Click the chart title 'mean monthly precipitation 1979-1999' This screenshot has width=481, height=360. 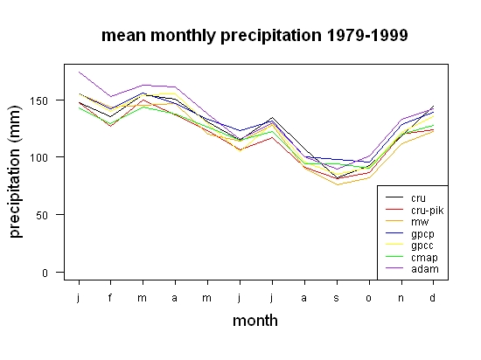(254, 36)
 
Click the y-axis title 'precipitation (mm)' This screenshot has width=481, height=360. (15, 171)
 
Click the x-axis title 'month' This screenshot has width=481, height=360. (255, 321)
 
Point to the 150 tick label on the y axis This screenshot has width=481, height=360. (38, 100)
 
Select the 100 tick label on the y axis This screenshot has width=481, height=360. (38, 157)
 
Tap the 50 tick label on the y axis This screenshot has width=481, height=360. (42, 215)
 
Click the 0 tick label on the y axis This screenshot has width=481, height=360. (45, 273)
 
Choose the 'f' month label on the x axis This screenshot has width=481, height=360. (110, 297)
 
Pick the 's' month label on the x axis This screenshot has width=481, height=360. (337, 298)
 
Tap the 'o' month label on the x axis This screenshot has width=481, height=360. (369, 298)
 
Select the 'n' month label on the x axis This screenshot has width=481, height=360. (401, 298)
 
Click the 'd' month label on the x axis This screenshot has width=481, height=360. (433, 297)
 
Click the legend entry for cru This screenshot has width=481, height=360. (406, 198)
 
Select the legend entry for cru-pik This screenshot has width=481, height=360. (415, 210)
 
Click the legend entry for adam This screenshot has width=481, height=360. (412, 269)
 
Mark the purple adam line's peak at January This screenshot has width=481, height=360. (79, 72)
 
